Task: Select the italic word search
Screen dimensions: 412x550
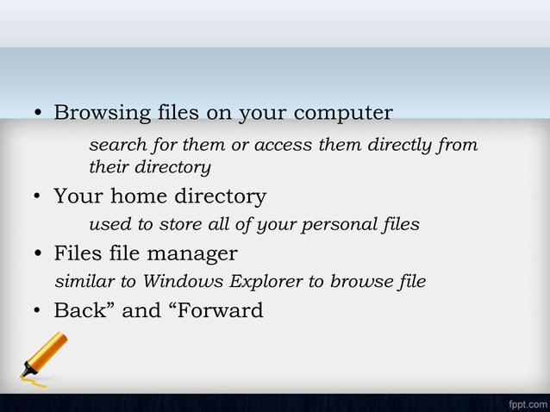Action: click(x=114, y=144)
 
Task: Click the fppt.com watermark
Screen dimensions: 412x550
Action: click(x=526, y=402)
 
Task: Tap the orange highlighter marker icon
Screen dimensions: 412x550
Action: click(x=44, y=357)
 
